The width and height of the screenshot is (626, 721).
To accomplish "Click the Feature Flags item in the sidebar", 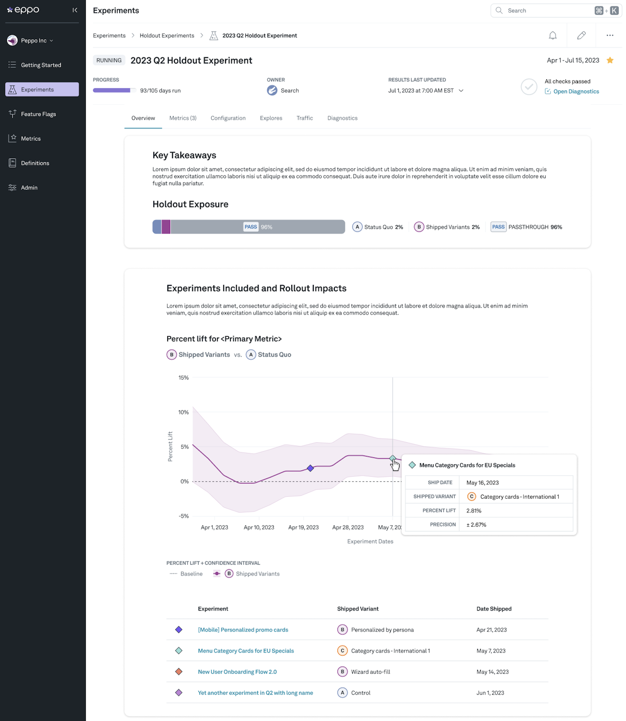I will [x=38, y=114].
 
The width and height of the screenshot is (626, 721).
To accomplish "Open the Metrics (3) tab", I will [x=182, y=118].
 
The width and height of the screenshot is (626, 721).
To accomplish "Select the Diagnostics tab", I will [x=342, y=118].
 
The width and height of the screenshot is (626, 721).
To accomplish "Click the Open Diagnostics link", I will [x=576, y=92].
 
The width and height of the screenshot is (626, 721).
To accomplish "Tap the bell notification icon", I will [x=552, y=36].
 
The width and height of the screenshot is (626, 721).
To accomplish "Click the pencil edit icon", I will [x=581, y=36].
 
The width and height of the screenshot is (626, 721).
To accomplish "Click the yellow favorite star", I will [x=610, y=60].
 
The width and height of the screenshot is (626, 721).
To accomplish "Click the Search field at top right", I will [x=545, y=11].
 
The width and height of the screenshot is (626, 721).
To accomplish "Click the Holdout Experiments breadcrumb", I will [x=167, y=36].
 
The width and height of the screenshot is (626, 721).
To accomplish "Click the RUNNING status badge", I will [x=109, y=60].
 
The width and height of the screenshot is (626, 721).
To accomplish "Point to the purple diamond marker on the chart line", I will [x=310, y=468].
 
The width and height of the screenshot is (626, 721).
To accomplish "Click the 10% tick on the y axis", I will [x=183, y=412].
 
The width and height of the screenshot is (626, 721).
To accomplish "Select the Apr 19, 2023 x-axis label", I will [x=303, y=527].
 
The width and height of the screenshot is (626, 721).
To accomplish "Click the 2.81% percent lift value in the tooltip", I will [x=474, y=511].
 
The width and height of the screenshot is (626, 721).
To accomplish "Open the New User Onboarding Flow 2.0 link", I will [x=237, y=672].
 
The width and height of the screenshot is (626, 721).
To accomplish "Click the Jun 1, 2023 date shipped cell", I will [x=490, y=693].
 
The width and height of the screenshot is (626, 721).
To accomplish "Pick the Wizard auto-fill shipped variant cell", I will [x=370, y=672].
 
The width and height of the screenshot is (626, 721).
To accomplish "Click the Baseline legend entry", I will [x=191, y=573].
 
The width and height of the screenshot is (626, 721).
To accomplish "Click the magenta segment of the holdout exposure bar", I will [x=166, y=227].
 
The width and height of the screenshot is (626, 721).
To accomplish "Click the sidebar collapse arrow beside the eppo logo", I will [x=75, y=10].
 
